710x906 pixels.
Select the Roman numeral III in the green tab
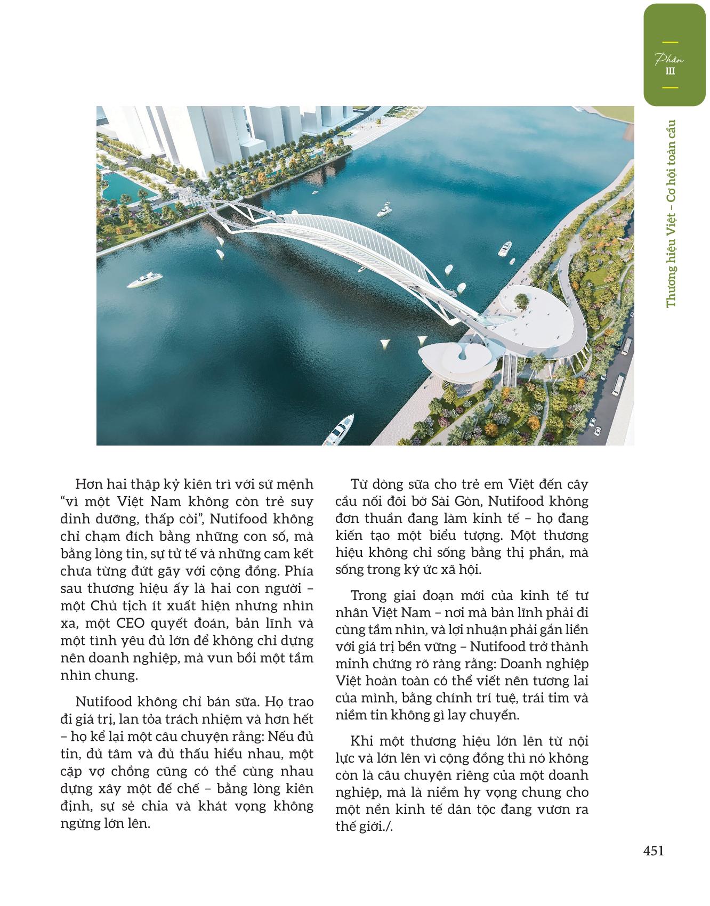pos(670,71)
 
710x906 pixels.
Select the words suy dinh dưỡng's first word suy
pos(302,501)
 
